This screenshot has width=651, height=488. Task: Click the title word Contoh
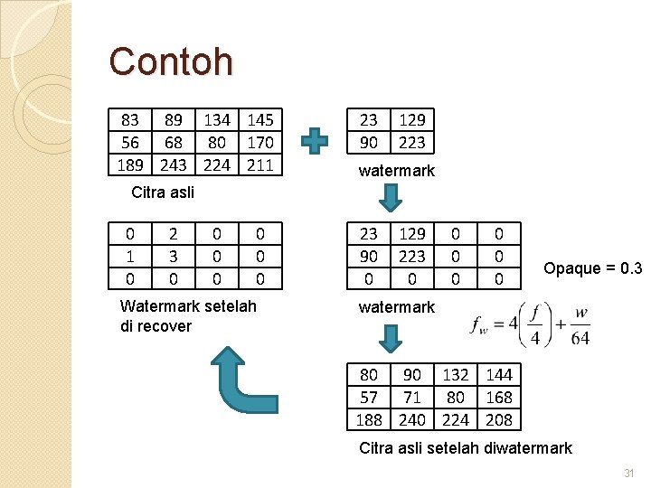pyautogui.click(x=171, y=62)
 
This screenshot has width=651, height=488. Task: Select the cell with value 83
pyautogui.click(x=130, y=120)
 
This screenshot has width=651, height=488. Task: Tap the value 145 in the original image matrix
pyautogui.click(x=259, y=120)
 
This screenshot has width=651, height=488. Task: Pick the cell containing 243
pyautogui.click(x=174, y=165)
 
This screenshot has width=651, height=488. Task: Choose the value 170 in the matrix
pyautogui.click(x=259, y=143)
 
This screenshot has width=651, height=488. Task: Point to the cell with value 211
pyautogui.click(x=259, y=165)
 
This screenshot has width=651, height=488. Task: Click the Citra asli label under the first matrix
pyautogui.click(x=163, y=192)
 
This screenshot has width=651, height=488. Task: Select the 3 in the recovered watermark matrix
pyautogui.click(x=174, y=257)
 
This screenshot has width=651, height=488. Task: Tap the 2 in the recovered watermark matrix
pyautogui.click(x=174, y=234)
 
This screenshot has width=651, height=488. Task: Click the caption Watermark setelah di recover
pyautogui.click(x=188, y=316)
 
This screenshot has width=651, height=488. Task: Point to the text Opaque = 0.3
pyautogui.click(x=592, y=268)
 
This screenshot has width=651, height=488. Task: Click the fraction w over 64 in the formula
pyautogui.click(x=580, y=328)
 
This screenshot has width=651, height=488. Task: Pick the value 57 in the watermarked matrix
pyautogui.click(x=369, y=398)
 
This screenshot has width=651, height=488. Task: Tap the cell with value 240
pyautogui.click(x=412, y=420)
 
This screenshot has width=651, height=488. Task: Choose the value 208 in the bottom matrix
pyautogui.click(x=498, y=420)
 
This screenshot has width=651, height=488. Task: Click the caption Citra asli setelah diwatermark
pyautogui.click(x=466, y=448)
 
